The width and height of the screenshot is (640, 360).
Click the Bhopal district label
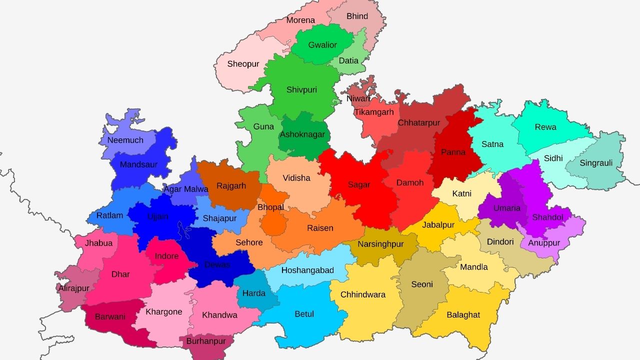[x=270, y=207]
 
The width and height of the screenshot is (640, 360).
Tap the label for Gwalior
[x=322, y=45]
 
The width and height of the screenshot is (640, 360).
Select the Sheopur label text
[x=243, y=64]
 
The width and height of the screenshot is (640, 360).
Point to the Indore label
[x=166, y=256]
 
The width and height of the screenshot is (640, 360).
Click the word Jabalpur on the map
[x=438, y=224]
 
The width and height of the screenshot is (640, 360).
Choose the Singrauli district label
[x=596, y=163]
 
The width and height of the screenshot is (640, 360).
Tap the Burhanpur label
[x=206, y=341]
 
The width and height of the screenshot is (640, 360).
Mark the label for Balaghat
[x=463, y=314]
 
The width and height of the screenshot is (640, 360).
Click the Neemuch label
[x=125, y=140]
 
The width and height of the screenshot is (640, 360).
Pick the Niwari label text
[x=358, y=98]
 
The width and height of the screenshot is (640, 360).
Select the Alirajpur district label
[x=73, y=288]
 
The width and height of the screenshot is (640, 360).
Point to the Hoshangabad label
[x=307, y=270]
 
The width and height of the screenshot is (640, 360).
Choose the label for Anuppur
[x=544, y=243]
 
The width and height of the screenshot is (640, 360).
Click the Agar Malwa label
[x=186, y=189]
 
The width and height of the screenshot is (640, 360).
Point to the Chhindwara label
[x=363, y=294]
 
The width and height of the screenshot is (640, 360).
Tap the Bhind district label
[x=357, y=16]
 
